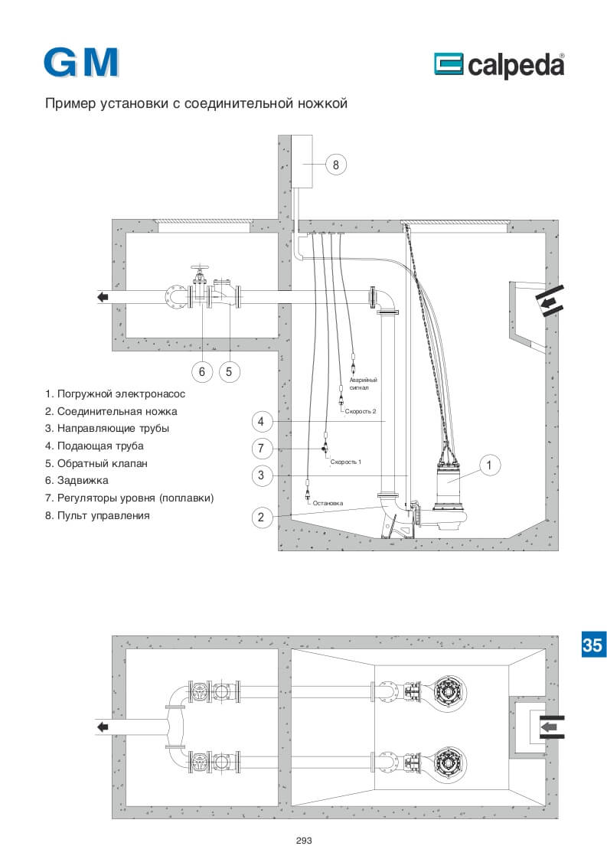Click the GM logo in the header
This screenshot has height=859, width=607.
[81, 63]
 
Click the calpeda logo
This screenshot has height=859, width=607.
[499, 65]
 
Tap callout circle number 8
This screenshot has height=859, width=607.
[336, 165]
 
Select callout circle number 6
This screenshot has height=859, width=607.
[201, 371]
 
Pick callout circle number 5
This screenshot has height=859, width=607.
[229, 371]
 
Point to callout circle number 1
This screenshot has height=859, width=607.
[489, 465]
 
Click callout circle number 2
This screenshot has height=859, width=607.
[261, 517]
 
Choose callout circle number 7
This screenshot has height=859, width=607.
[261, 448]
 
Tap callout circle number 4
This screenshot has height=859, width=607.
[261, 421]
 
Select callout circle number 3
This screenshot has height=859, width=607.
[261, 475]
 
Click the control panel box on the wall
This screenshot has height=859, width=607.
[302, 162]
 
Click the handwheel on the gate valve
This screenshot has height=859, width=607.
[200, 269]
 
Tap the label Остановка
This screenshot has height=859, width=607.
[328, 503]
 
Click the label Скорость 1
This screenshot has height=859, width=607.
[346, 462]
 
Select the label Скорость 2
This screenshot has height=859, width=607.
[361, 411]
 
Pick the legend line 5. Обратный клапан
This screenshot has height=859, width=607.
[96, 463]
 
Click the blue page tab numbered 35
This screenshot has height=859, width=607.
[592, 645]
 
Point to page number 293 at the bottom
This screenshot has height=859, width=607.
[303, 841]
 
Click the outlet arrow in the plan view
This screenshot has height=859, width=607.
[103, 727]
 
